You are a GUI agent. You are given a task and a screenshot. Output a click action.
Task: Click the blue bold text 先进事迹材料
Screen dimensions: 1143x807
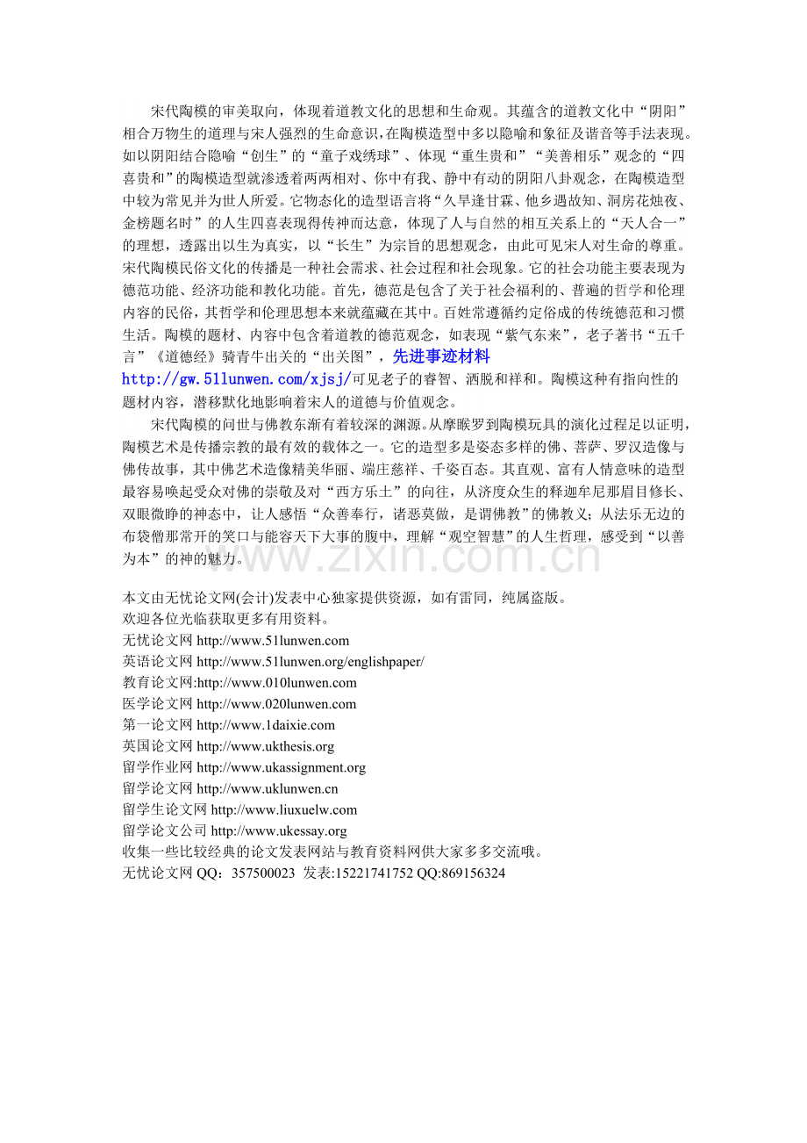[x=440, y=356]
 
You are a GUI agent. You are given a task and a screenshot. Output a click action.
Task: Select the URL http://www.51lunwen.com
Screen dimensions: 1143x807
[x=273, y=641]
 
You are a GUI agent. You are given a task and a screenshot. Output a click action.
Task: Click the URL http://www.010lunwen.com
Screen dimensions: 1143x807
[x=277, y=683]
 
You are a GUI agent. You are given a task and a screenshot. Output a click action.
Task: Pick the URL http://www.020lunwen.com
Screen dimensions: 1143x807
[x=276, y=704]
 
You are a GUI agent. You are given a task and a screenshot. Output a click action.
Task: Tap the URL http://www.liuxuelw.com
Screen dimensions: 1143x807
[x=284, y=809]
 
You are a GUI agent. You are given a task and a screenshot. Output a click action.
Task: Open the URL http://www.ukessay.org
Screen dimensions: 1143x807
[x=279, y=830]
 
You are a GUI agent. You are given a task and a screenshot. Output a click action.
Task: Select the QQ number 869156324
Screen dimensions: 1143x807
[x=475, y=873]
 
